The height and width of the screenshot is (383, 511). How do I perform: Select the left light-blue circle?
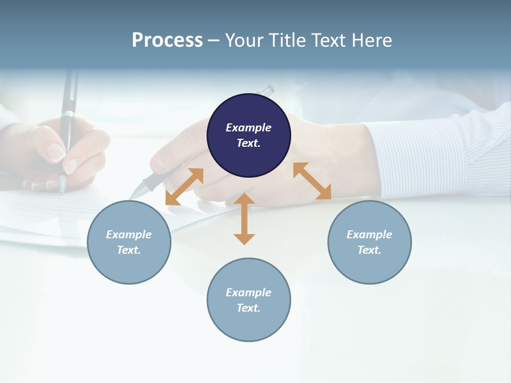click(129, 242)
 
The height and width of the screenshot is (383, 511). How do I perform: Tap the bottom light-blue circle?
click(249, 300)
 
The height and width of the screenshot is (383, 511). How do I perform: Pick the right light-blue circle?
click(369, 242)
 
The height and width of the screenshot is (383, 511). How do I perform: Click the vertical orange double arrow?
click(244, 219)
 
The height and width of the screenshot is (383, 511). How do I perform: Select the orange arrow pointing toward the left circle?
click(184, 187)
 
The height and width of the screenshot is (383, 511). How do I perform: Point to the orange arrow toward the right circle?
click(312, 181)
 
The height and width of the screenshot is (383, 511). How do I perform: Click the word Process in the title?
click(167, 40)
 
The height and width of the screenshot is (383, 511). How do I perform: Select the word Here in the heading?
click(370, 40)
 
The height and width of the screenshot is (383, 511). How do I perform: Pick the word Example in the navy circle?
click(249, 128)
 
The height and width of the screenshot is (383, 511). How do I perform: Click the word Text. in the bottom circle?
click(249, 308)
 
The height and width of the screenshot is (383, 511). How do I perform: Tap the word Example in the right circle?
click(369, 235)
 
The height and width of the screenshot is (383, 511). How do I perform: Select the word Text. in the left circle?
click(129, 250)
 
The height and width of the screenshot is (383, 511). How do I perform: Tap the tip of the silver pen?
click(134, 194)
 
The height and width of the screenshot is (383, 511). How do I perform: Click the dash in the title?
click(213, 40)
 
